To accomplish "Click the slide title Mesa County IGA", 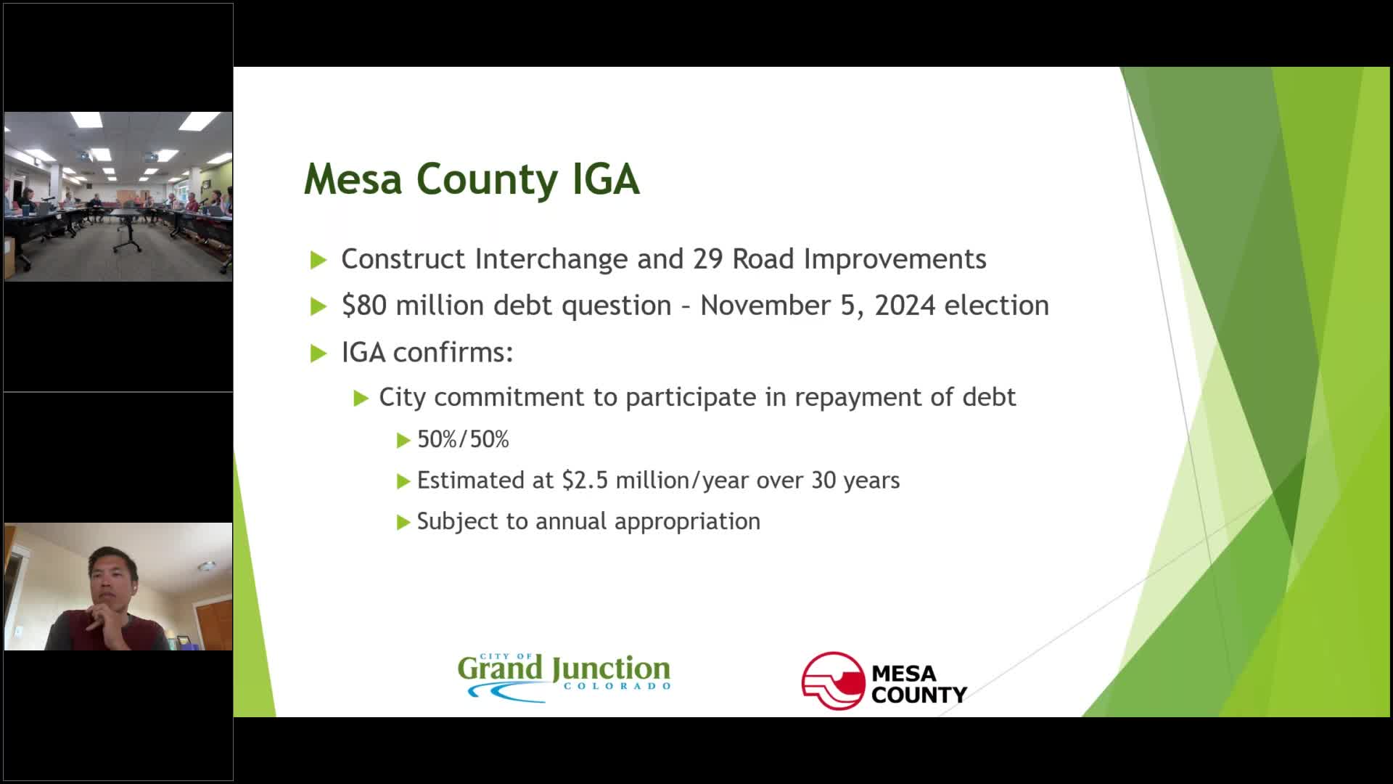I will point(472,179).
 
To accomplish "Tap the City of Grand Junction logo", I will point(564,676).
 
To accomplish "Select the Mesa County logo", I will point(884,681).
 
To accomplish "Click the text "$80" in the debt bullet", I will point(364,306).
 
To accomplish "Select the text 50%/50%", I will point(463,440).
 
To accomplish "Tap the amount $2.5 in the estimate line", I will point(585,481).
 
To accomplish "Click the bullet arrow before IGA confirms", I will point(319,354).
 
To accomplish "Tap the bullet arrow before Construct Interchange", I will point(319,260).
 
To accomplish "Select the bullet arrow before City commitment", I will point(361,398).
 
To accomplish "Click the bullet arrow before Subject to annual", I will point(403,522).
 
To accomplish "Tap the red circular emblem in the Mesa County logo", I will point(833,681).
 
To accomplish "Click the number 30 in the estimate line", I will point(823,481).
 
